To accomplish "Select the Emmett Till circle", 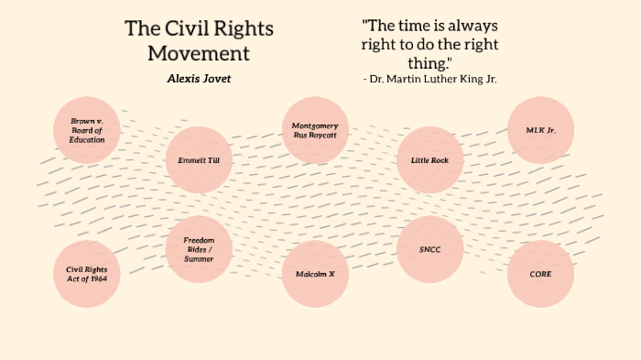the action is (x=199, y=160).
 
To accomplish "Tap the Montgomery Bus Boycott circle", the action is (x=315, y=130).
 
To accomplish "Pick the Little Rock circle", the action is (x=429, y=160).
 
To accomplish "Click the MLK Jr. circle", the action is (x=541, y=130).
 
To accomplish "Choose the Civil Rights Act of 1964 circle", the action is (x=87, y=274).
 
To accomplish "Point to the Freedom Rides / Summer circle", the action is (x=199, y=248).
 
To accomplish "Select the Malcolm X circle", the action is (x=315, y=274).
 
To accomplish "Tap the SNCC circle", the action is (x=429, y=249).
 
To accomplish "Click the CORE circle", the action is (x=541, y=274).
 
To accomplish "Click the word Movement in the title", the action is (x=199, y=52).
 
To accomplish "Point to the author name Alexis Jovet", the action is (x=199, y=79).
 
